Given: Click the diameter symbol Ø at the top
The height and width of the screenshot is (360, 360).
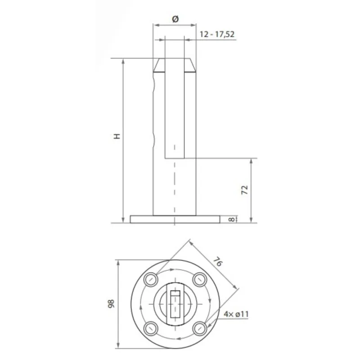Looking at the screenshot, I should (175, 18).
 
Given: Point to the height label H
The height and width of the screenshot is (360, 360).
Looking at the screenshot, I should (117, 136).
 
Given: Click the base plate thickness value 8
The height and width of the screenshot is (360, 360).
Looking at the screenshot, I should (231, 219).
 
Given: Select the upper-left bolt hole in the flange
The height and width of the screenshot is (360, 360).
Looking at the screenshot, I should (151, 280).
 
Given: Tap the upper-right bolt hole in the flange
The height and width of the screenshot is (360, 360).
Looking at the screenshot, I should (198, 280).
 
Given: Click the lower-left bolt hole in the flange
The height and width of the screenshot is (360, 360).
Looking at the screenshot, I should (151, 328).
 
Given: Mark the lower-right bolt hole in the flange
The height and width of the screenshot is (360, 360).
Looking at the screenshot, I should (198, 328).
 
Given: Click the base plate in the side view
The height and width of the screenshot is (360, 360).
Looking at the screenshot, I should (175, 219).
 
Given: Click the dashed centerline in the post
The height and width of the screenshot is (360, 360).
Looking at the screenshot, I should (175, 189).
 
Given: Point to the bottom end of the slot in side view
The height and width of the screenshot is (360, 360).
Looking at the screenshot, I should (175, 157).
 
